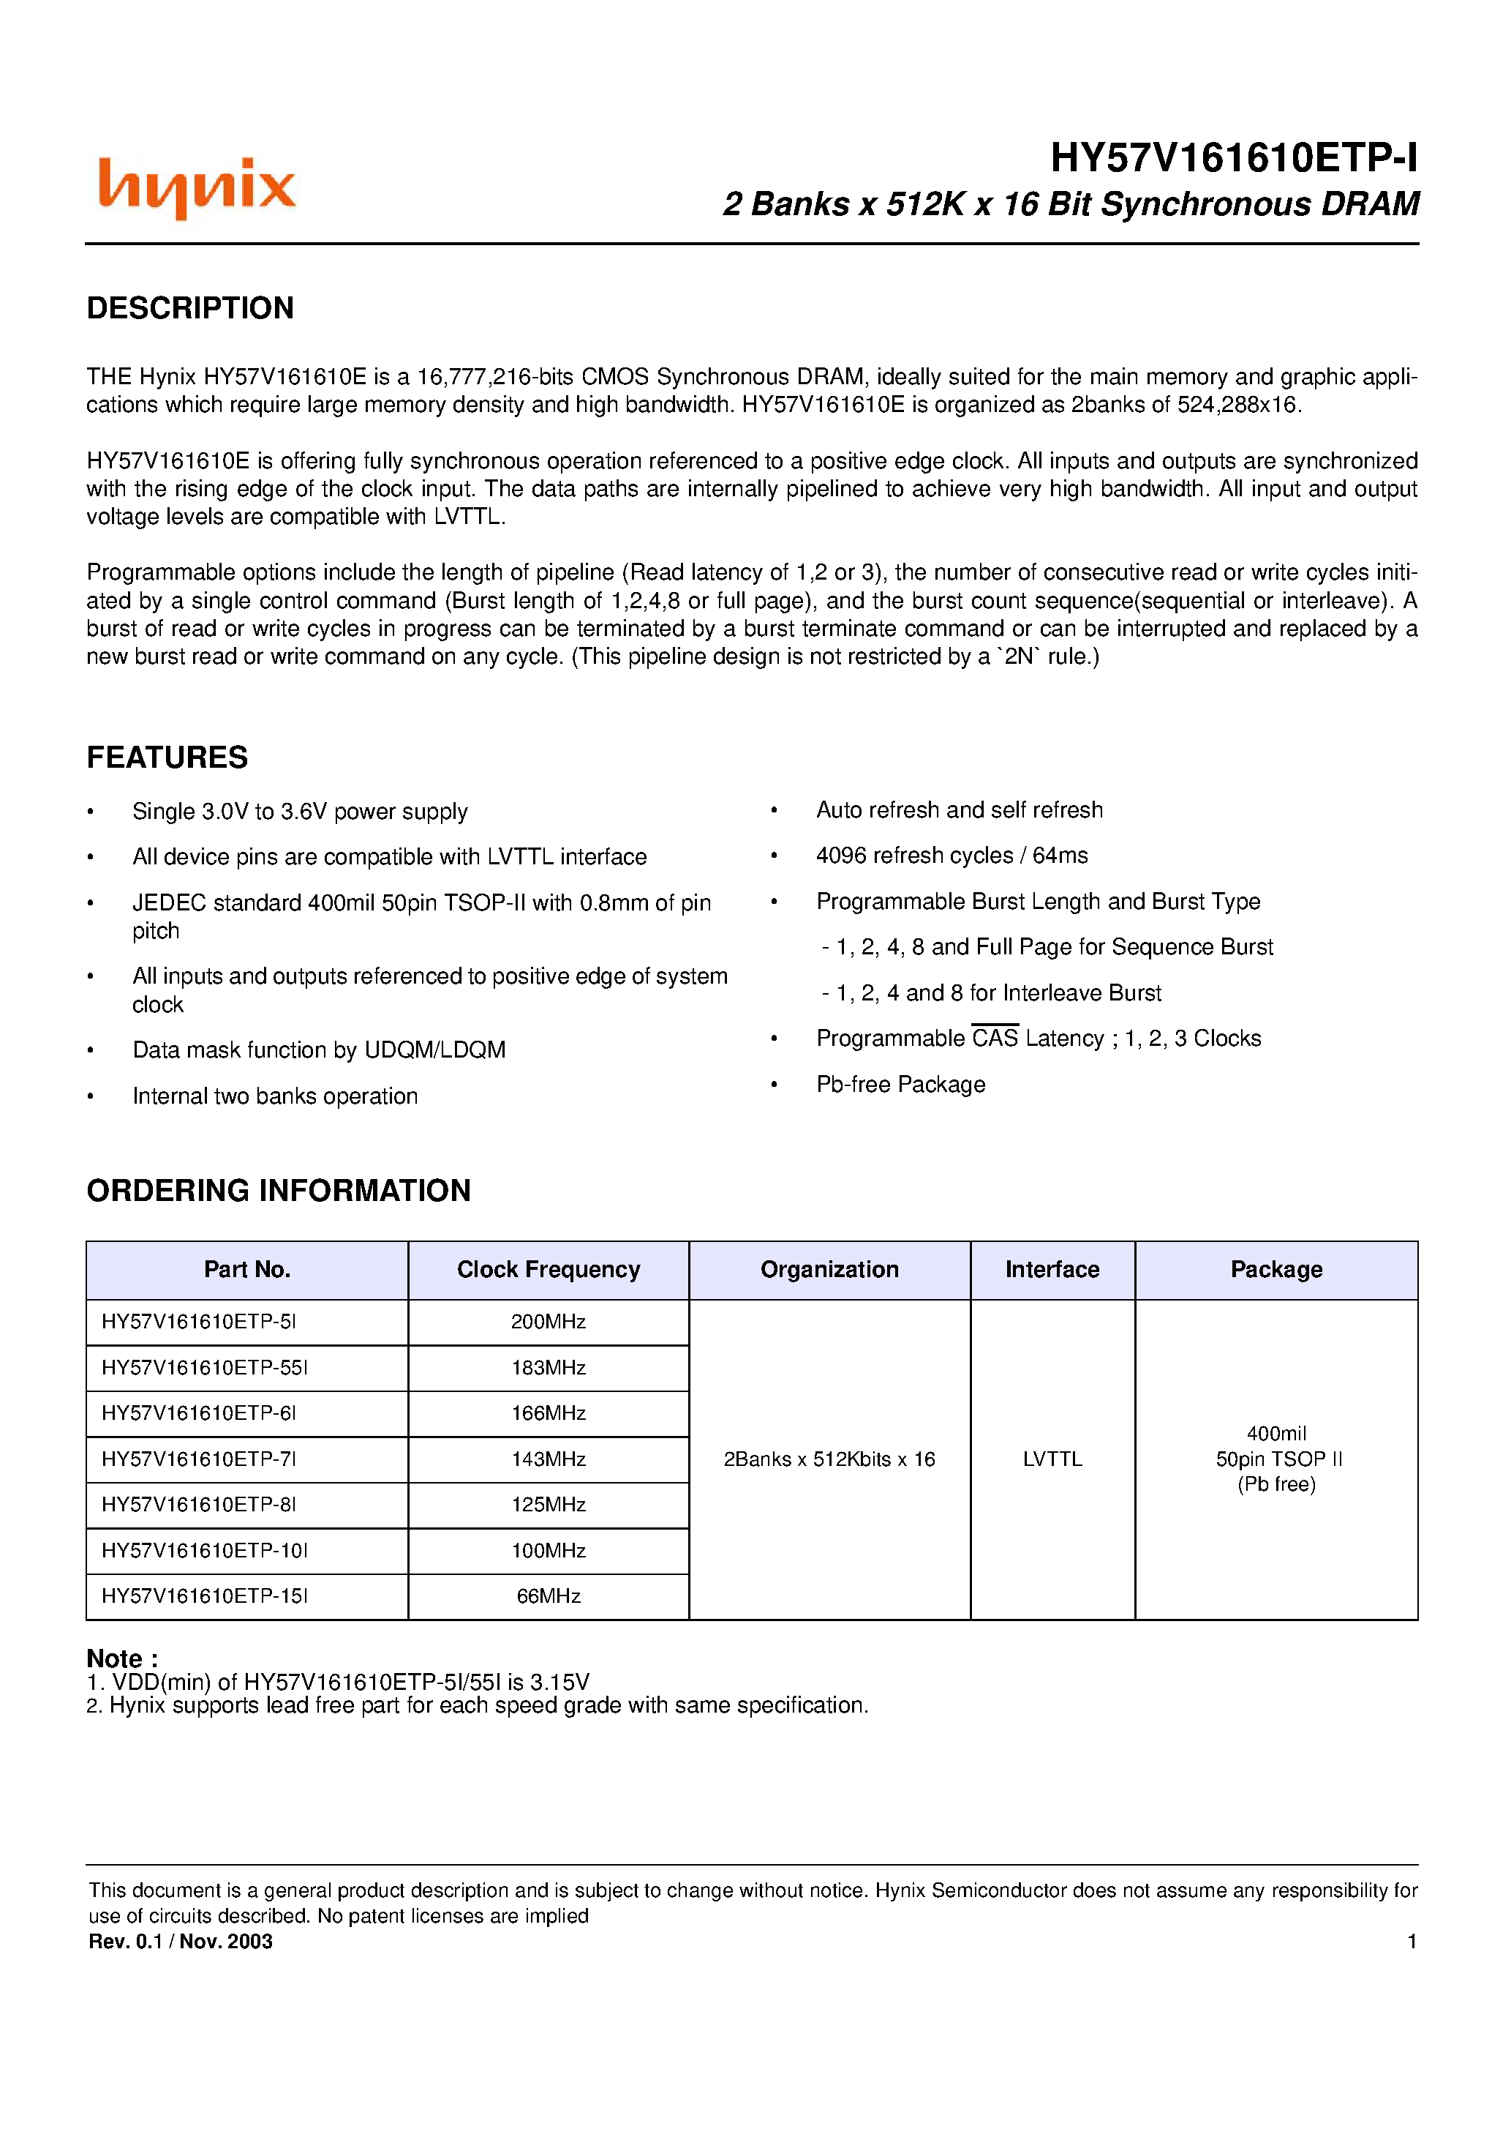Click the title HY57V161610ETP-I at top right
pos(1232,158)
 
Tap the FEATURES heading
pos(167,757)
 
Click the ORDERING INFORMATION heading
pos(279,1190)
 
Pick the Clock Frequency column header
pos(548,1270)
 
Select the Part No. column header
pos(247,1270)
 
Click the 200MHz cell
pos(548,1322)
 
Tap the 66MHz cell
pos(548,1595)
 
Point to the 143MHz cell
pos(548,1459)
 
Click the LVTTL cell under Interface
pos(1052,1459)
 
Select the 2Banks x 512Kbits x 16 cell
pos(829,1459)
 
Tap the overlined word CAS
pos(994,1039)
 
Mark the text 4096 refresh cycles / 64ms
pos(951,856)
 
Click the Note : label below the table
pos(122,1658)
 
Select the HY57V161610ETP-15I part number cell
pos(204,1595)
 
